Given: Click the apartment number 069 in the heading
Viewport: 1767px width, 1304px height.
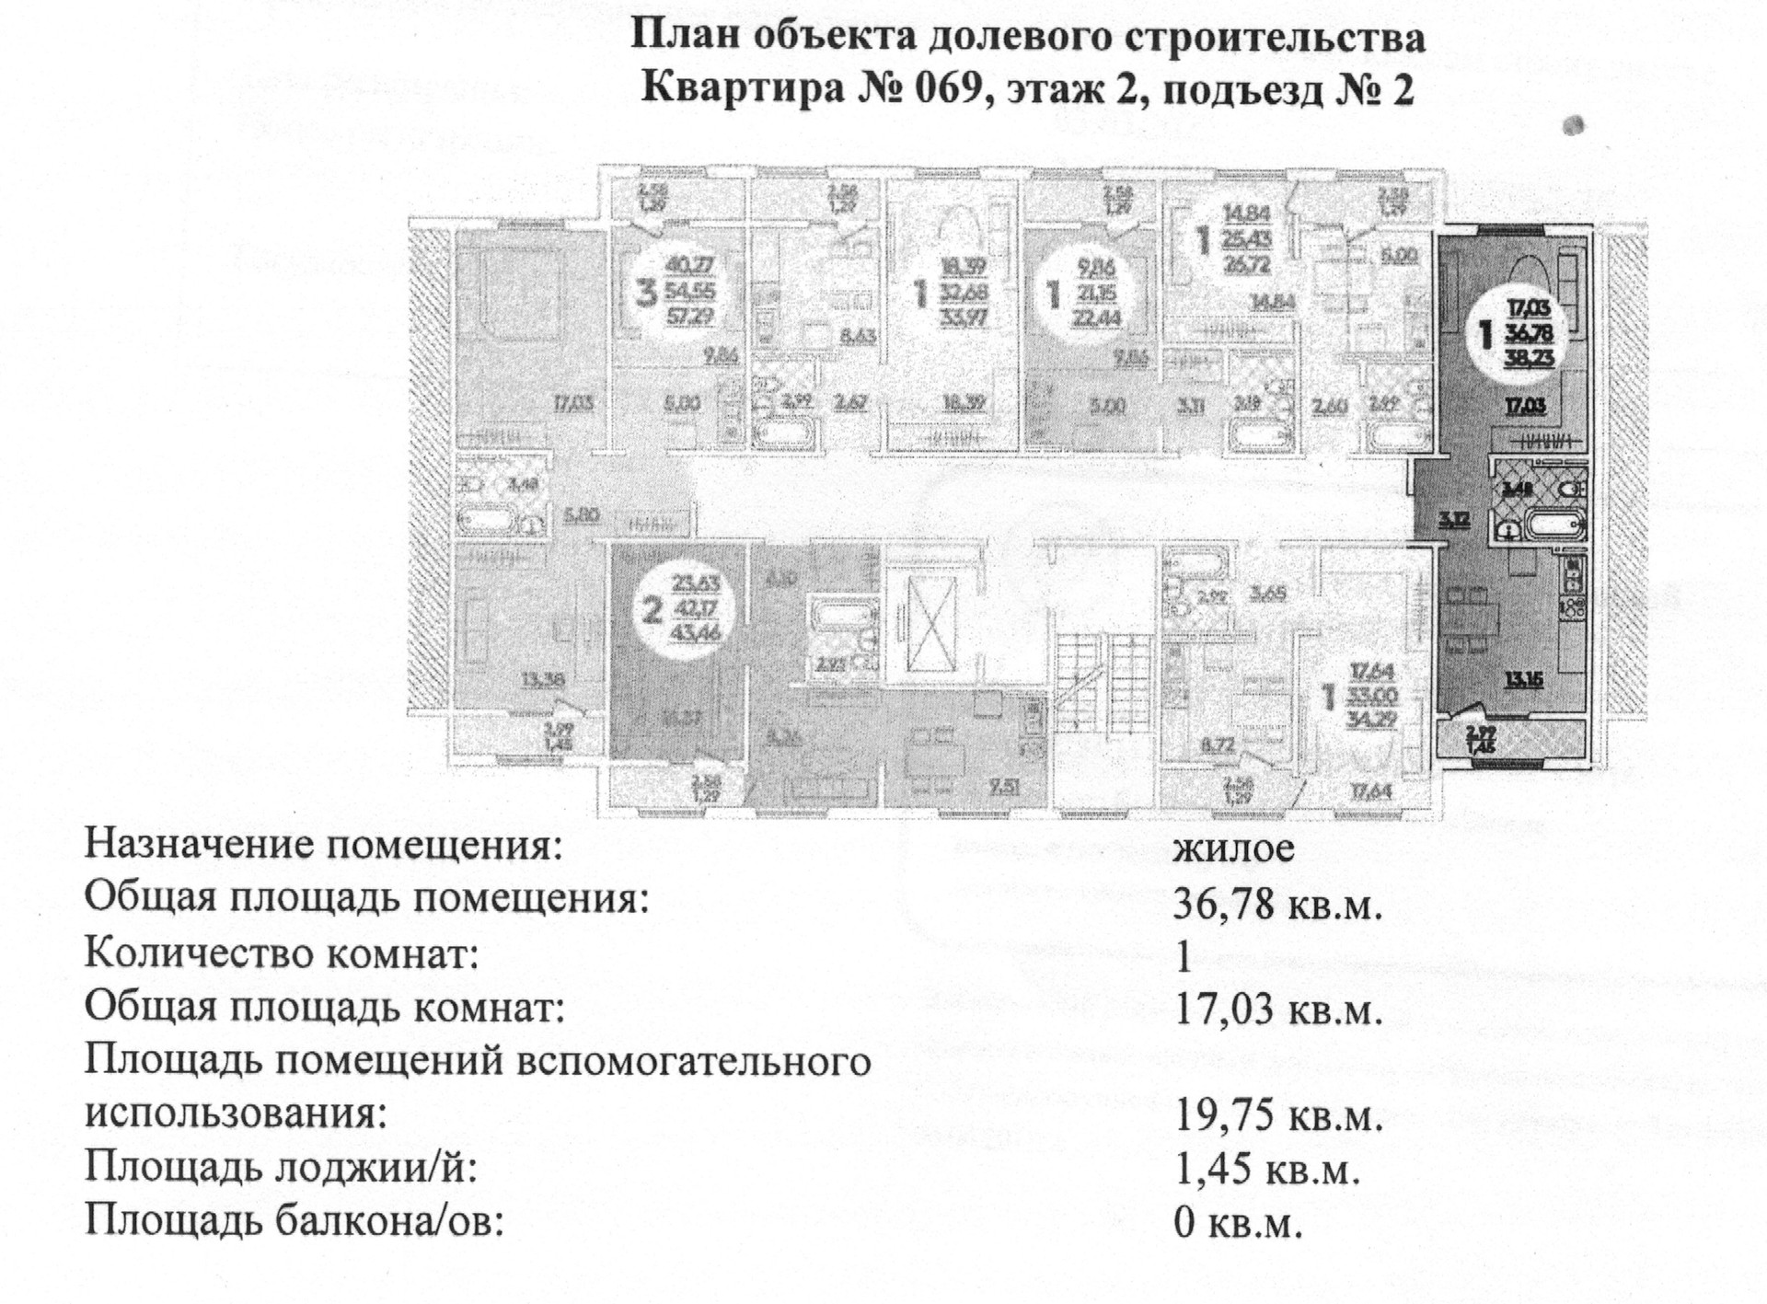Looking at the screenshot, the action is [939, 89].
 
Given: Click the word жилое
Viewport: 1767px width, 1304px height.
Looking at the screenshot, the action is [1233, 848].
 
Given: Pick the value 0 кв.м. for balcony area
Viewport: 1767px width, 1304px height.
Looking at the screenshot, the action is [1239, 1223].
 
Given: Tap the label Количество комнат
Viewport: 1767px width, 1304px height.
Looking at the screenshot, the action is [282, 954].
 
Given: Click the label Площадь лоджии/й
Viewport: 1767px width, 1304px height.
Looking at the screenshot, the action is [282, 1169].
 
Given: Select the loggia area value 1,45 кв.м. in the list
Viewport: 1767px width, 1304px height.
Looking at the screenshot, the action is [1267, 1171].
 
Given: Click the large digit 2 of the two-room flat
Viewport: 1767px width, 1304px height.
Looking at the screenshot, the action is [652, 610].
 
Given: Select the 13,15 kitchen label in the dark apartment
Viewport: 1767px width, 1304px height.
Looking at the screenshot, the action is [1523, 681].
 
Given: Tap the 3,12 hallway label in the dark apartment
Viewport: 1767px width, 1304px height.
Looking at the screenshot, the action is [1454, 519].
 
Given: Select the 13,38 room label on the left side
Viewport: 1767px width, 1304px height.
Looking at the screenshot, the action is [543, 679].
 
